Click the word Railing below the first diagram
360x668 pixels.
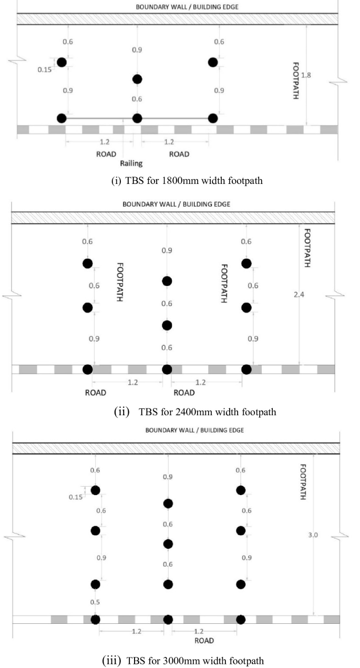pyautogui.click(x=131, y=163)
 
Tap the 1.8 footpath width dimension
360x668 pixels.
pyautogui.click(x=306, y=75)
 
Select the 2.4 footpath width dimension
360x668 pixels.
pyautogui.click(x=299, y=295)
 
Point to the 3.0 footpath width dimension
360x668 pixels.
pyautogui.click(x=313, y=535)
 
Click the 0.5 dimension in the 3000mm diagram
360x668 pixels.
pyautogui.click(x=95, y=602)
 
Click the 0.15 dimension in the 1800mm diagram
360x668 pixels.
pyautogui.click(x=45, y=70)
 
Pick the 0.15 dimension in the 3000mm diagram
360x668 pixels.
pyautogui.click(x=76, y=497)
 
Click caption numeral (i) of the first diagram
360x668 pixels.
pyautogui.click(x=116, y=181)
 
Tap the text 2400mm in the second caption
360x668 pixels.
pyautogui.click(x=194, y=412)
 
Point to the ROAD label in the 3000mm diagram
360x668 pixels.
pyautogui.click(x=204, y=641)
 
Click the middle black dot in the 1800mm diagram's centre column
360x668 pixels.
pyautogui.click(x=137, y=79)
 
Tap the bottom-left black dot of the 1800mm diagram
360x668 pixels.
pyautogui.click(x=61, y=118)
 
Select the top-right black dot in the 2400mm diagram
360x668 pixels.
pyautogui.click(x=246, y=263)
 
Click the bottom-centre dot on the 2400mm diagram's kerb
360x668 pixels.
pyautogui.click(x=167, y=369)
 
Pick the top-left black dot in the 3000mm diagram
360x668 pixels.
pyautogui.click(x=95, y=490)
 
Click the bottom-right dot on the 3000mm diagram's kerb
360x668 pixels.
pyautogui.click(x=241, y=620)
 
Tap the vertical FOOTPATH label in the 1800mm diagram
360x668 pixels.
pyautogui.click(x=295, y=80)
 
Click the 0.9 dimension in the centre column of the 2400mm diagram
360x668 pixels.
pyautogui.click(x=167, y=251)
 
